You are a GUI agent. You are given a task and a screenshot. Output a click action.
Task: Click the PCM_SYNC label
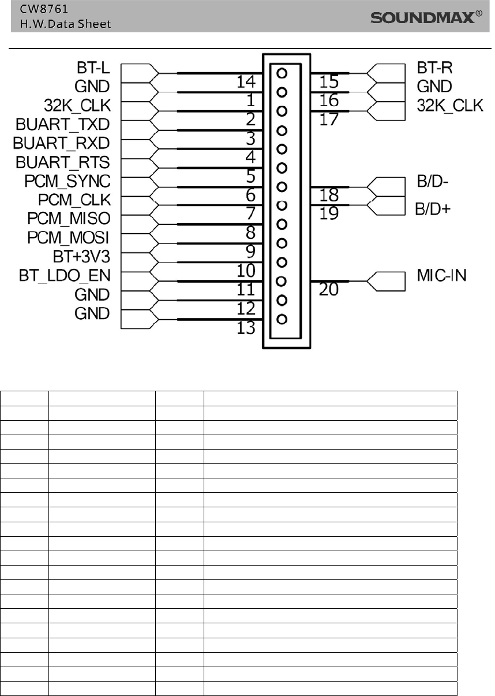tap(67, 181)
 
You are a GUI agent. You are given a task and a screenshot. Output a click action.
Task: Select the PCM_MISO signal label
tap(69, 219)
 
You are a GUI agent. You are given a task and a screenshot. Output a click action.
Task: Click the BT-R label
tap(435, 68)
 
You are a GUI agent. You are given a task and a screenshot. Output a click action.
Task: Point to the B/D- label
tap(433, 184)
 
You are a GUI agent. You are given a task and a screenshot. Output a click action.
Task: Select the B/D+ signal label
tap(433, 208)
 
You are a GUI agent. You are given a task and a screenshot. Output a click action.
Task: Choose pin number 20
tap(329, 290)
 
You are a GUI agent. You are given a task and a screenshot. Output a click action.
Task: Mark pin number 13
tap(246, 328)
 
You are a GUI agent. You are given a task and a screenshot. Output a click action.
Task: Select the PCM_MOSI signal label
tap(69, 238)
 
